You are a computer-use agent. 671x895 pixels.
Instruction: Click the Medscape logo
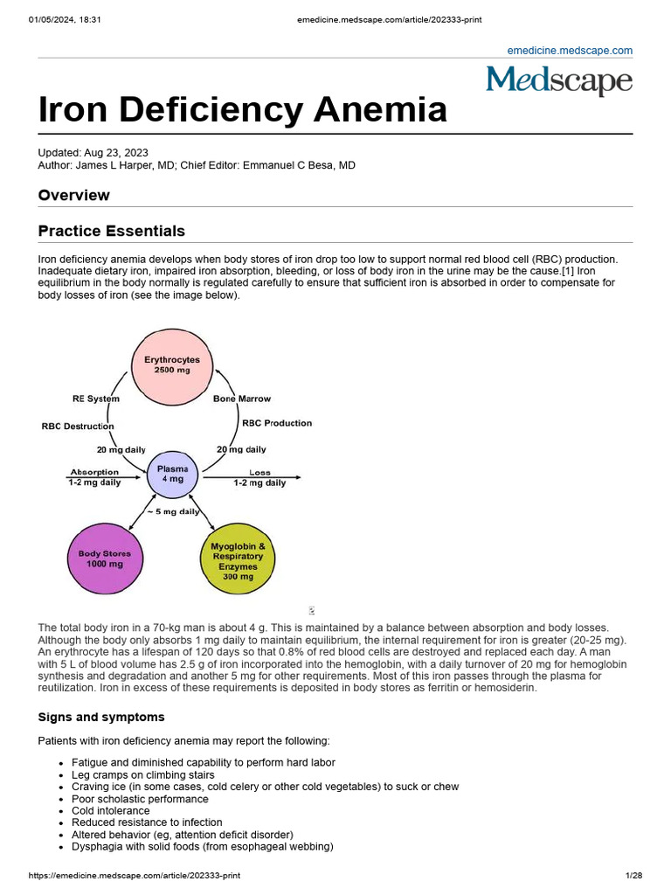559,81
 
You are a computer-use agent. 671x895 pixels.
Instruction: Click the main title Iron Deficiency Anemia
242,110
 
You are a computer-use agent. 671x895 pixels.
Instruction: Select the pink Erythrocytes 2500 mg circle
172,365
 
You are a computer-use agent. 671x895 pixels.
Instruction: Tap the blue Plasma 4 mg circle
171,474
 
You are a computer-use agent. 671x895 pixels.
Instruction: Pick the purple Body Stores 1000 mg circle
104,559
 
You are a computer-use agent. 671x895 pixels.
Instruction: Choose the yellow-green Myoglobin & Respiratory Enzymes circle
238,560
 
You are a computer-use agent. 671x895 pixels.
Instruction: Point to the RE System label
96,399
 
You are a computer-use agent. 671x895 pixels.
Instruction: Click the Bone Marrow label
242,399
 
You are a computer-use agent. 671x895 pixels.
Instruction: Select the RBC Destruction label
78,427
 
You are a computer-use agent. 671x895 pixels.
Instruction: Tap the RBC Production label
277,423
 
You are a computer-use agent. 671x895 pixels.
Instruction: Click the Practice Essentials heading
112,232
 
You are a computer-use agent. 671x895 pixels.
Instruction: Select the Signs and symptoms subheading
100,718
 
